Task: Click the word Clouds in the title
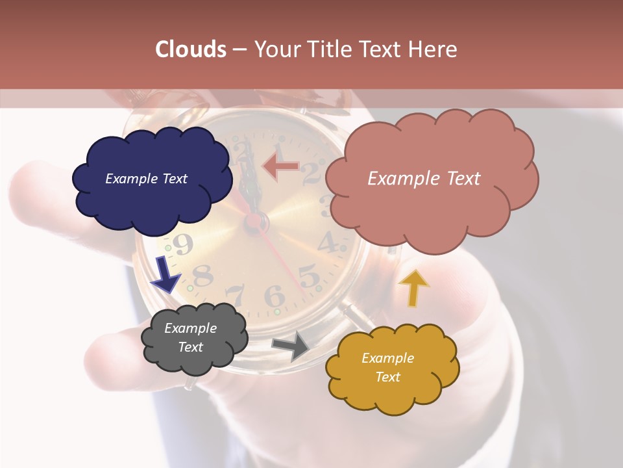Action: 191,49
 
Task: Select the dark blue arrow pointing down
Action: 166,274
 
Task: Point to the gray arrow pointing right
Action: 291,346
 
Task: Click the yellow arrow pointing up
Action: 413,287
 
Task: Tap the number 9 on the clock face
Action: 184,245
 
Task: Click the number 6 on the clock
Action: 275,297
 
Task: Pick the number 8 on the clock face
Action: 203,276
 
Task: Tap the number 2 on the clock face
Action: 312,173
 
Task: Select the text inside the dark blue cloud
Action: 146,179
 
